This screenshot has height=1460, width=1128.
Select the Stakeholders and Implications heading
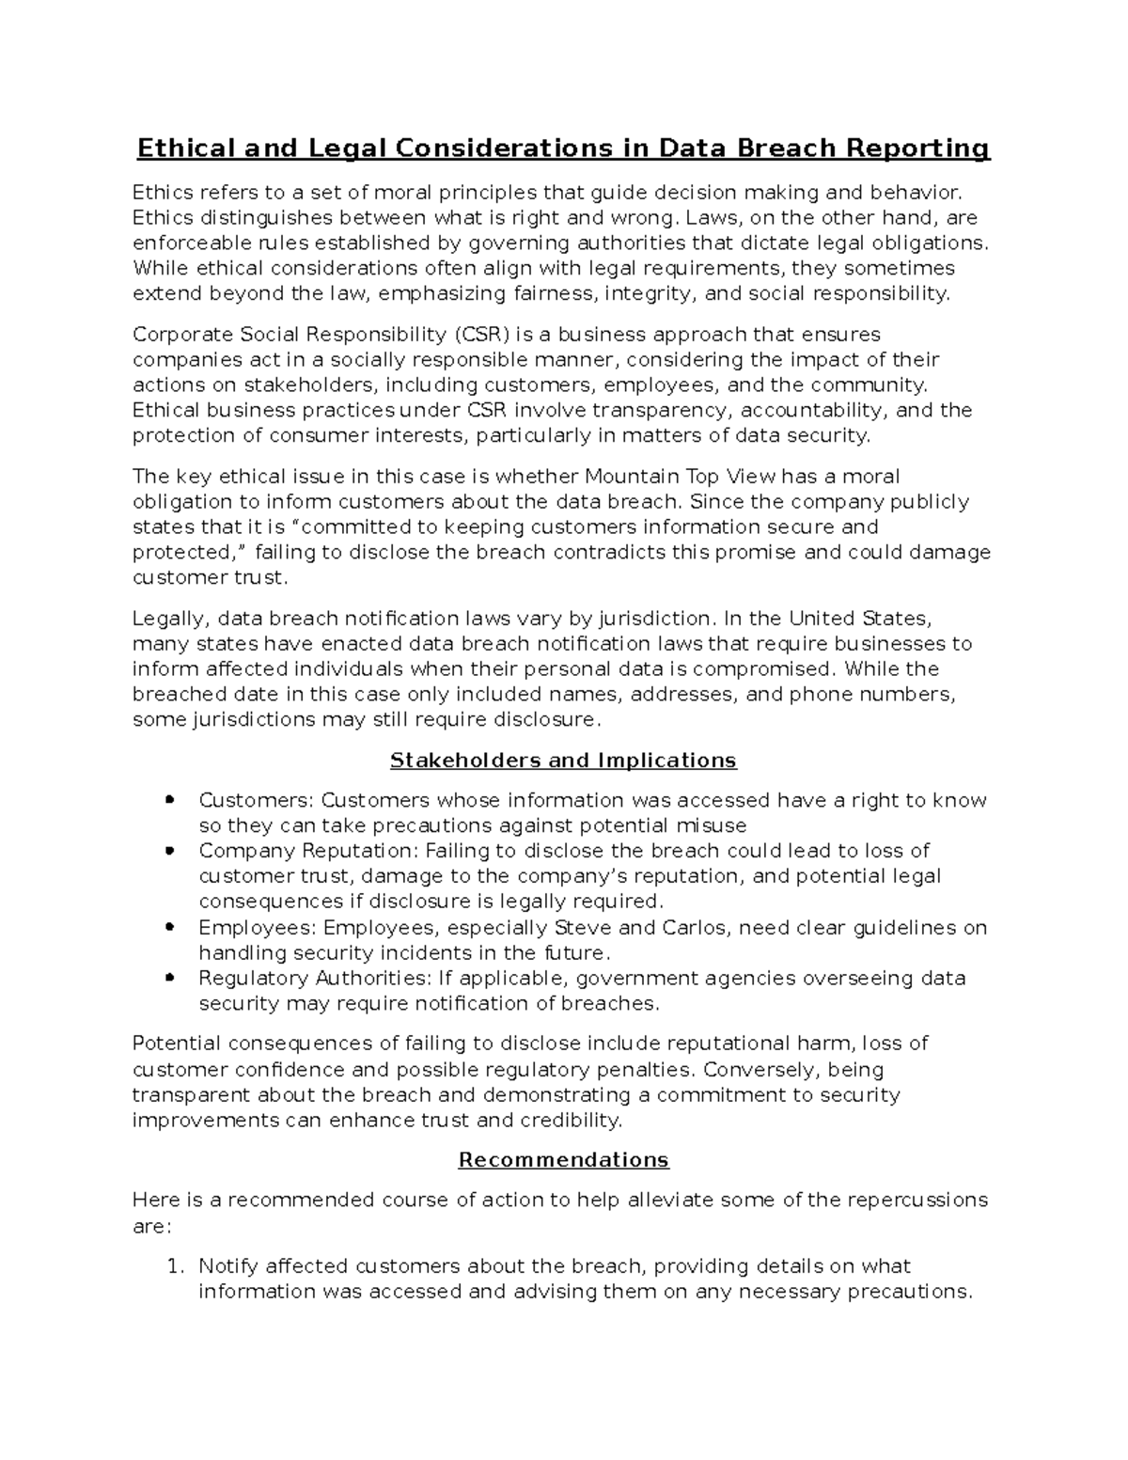click(563, 760)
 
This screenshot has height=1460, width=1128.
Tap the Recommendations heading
click(563, 1159)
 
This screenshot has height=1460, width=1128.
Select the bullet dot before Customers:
click(169, 800)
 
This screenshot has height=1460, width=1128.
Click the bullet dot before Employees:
click(169, 927)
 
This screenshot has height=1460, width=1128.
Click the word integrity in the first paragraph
click(650, 294)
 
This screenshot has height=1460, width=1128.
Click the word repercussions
click(917, 1201)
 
